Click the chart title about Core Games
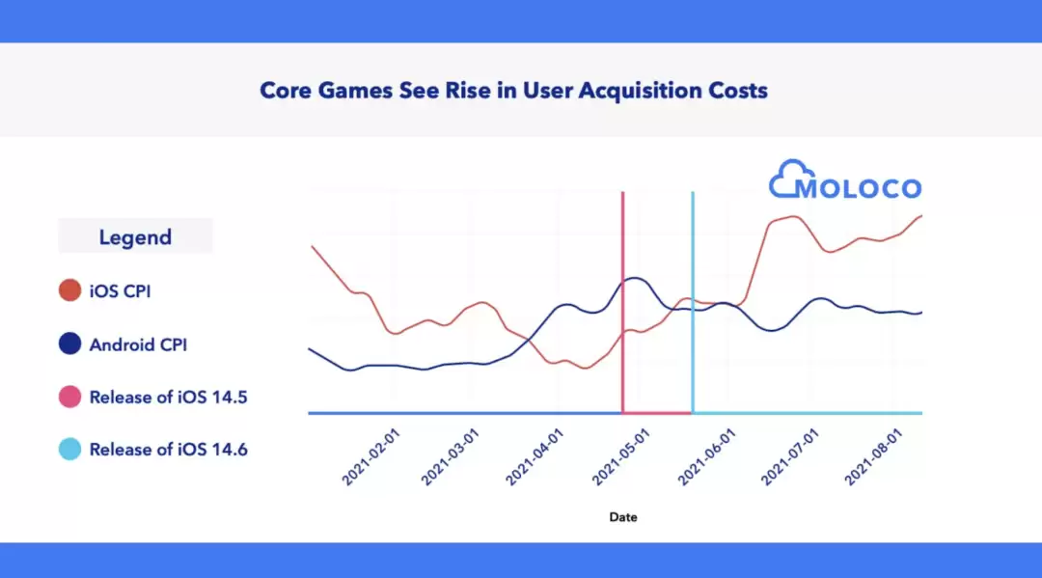(513, 91)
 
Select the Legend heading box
(135, 236)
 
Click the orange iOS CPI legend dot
(69, 290)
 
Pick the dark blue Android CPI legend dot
(69, 344)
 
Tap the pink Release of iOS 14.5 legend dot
(69, 397)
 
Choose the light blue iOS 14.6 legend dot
(69, 449)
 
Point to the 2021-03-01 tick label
(450, 458)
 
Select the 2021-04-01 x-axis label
(533, 458)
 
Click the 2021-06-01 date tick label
(705, 458)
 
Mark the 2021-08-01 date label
(872, 458)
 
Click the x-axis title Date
(623, 517)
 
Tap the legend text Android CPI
(137, 344)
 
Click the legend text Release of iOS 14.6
(169, 449)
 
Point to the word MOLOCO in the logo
(858, 187)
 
